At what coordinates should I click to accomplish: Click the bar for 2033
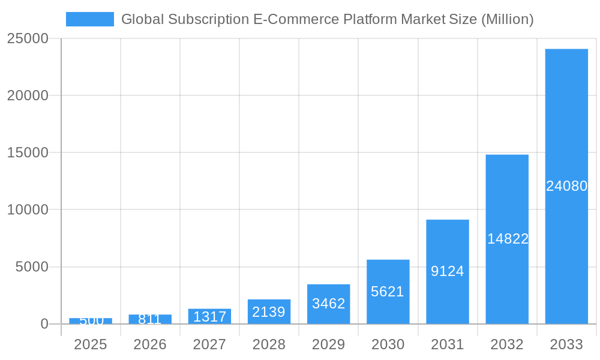[566, 120]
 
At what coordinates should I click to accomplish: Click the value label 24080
[566, 186]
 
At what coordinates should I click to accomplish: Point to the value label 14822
[508, 239]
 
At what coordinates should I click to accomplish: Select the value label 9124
[448, 271]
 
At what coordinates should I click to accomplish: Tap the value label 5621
[388, 292]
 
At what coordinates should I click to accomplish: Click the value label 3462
[328, 304]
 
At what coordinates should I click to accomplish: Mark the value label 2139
[269, 312]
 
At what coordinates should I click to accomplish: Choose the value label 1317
[209, 317]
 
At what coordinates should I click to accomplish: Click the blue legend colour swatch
[89, 19]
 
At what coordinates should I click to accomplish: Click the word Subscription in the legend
[205, 19]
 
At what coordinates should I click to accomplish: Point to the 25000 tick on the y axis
[28, 38]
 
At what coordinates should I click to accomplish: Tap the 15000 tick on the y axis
[28, 152]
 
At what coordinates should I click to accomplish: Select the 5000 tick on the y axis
[32, 267]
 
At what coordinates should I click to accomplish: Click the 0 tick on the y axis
[44, 324]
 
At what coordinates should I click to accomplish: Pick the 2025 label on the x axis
[90, 344]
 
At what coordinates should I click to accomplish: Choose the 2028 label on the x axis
[269, 344]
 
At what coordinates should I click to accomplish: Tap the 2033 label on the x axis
[566, 344]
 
